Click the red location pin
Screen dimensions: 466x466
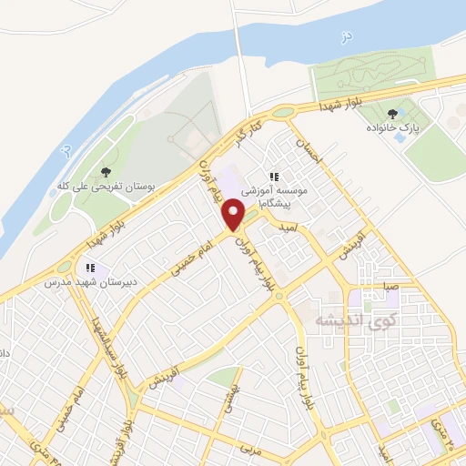[x=234, y=215]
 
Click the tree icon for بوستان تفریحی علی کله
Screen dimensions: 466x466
[x=106, y=170]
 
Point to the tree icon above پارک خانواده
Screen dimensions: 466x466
[x=392, y=114]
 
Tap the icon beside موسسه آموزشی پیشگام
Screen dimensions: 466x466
[x=272, y=177]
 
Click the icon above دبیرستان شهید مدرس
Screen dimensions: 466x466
[x=90, y=268]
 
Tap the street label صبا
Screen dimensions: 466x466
[x=390, y=286]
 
